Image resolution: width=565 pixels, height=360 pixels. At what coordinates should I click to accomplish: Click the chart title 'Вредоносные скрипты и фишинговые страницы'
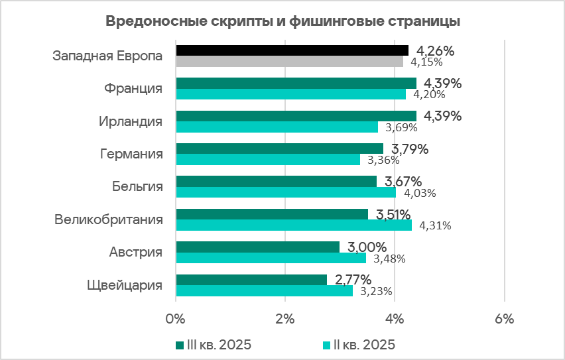coord(283,21)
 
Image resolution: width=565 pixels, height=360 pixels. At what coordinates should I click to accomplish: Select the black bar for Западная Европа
coord(292,50)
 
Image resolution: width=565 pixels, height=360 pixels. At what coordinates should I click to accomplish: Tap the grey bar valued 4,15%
coord(289,62)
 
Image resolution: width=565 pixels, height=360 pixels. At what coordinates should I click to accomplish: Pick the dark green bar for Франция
coord(296,83)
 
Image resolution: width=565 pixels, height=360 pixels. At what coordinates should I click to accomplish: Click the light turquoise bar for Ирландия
coord(277,127)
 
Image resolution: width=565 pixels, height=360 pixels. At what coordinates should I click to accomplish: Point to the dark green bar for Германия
coord(279,149)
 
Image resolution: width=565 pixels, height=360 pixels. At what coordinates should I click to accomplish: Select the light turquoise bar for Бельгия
coord(286,192)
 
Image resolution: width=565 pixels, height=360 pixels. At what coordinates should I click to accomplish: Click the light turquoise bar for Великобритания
coord(294,225)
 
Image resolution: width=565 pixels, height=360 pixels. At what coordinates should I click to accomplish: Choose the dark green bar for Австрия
coord(257,247)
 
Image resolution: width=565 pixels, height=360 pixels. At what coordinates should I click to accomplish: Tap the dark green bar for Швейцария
coord(251,280)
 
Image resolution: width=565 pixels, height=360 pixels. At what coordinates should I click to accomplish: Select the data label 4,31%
coord(434,225)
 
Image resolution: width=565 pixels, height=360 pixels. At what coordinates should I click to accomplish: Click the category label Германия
coord(130,154)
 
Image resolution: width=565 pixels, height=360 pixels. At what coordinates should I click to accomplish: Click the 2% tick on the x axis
coord(285,318)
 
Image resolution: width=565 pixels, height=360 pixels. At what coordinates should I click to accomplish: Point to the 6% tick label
coord(504,318)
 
